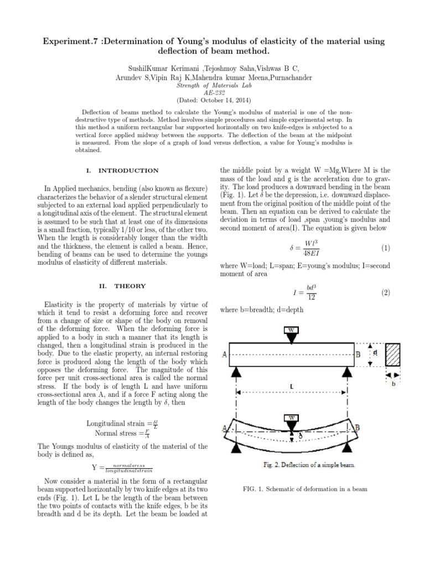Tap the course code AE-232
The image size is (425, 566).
pyautogui.click(x=212, y=93)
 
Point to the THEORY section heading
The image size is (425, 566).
pyautogui.click(x=130, y=286)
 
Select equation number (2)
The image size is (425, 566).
pyautogui.click(x=386, y=292)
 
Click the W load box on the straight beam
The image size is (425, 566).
pyautogui.click(x=291, y=331)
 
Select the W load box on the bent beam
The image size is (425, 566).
pyautogui.click(x=291, y=418)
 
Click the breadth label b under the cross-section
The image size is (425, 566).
pyautogui.click(x=393, y=384)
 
